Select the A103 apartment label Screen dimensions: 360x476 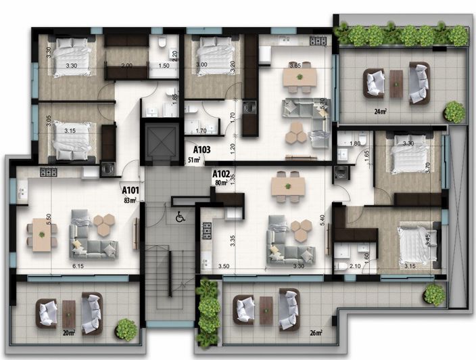pyautogui.click(x=201, y=150)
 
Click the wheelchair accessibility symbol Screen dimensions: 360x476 pyautogui.click(x=181, y=217)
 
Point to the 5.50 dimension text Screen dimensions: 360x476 pyautogui.click(x=29, y=221)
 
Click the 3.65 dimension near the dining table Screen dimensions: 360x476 pyautogui.click(x=295, y=66)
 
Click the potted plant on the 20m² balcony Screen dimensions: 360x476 pyautogui.click(x=126, y=329)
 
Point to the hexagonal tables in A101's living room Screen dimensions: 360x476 pyautogui.click(x=103, y=224)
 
